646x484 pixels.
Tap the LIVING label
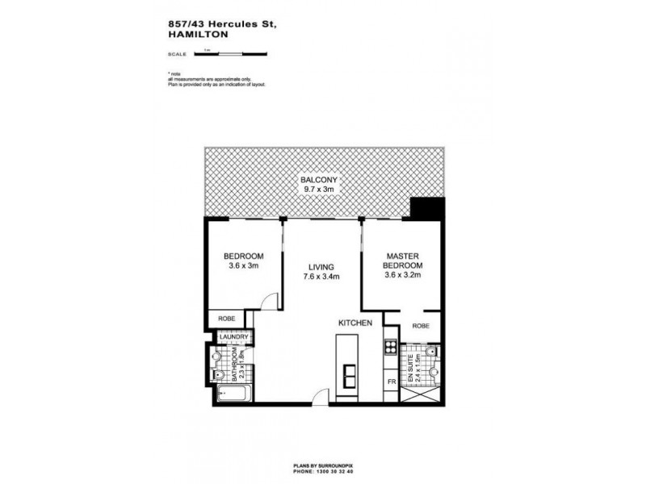(321, 266)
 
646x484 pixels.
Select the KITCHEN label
(355, 323)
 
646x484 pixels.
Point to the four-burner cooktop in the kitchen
(391, 349)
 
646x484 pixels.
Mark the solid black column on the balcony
(426, 211)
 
